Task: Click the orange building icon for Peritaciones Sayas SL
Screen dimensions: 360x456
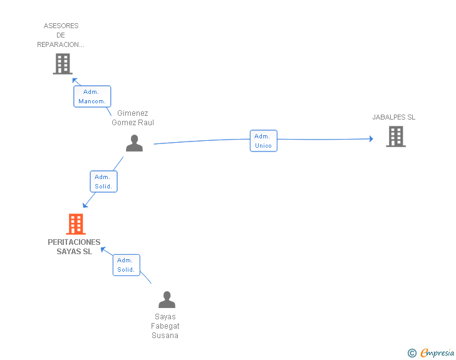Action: pyautogui.click(x=75, y=224)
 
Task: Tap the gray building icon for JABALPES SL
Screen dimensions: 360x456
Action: pyautogui.click(x=396, y=136)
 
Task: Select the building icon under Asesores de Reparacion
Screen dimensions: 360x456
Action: pyautogui.click(x=63, y=64)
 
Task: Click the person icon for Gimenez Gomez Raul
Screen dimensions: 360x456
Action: pyautogui.click(x=134, y=143)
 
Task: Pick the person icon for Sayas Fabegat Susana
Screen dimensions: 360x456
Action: pyautogui.click(x=167, y=300)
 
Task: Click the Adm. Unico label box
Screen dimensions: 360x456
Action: pyautogui.click(x=263, y=141)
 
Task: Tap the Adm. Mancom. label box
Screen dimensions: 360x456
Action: pyautogui.click(x=92, y=96)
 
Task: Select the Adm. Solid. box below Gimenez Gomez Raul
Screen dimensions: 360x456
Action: pyautogui.click(x=103, y=182)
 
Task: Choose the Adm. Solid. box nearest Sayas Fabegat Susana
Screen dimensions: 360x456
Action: pyautogui.click(x=126, y=265)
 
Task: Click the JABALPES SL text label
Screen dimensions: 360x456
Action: pyautogui.click(x=393, y=117)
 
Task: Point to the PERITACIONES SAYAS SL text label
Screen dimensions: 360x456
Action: pyautogui.click(x=74, y=247)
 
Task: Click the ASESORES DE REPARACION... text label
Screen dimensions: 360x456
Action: pyautogui.click(x=61, y=35)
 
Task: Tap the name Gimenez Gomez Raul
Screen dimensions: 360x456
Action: pyautogui.click(x=133, y=118)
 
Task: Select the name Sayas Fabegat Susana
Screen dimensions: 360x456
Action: pyautogui.click(x=165, y=326)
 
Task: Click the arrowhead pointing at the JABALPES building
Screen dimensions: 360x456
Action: pyautogui.click(x=371, y=138)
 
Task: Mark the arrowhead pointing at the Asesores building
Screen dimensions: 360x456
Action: pyautogui.click(x=74, y=80)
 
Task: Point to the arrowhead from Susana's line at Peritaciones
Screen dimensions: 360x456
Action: pyautogui.click(x=103, y=249)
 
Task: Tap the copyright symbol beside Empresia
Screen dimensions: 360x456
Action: pyautogui.click(x=412, y=353)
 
